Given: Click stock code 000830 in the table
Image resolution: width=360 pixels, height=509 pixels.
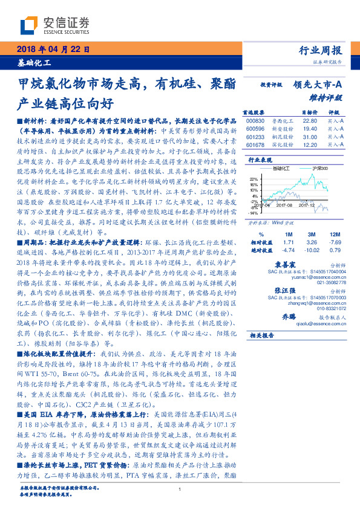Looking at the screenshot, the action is point(256,121).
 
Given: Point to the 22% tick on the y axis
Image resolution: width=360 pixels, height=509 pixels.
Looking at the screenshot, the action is point(253,179).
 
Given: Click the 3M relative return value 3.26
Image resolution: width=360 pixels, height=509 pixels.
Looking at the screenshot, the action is point(312,241).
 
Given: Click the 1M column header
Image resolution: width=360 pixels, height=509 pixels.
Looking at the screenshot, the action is point(288,233).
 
